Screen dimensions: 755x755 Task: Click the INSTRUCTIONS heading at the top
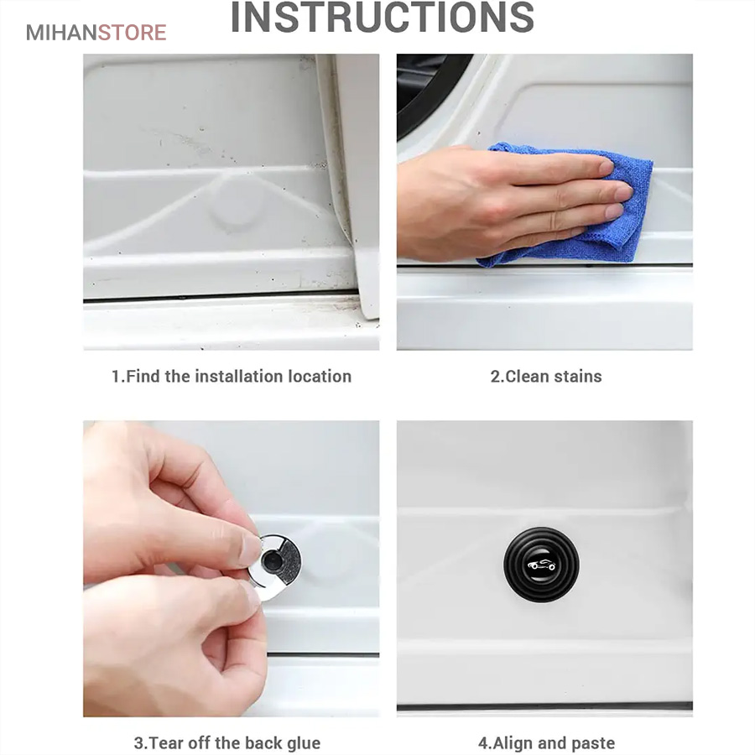[383, 18]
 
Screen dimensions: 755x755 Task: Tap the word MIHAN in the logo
[61, 33]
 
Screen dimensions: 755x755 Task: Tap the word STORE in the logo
[133, 33]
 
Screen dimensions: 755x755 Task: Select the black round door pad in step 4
[541, 565]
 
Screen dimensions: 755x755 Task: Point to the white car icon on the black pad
[541, 565]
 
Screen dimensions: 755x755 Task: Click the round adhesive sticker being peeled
[275, 565]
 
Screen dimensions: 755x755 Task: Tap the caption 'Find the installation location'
[238, 376]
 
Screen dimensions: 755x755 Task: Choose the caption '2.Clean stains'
[546, 376]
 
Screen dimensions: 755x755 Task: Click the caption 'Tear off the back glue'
[234, 743]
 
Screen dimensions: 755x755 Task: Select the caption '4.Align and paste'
[546, 743]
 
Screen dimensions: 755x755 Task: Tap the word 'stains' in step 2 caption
[578, 376]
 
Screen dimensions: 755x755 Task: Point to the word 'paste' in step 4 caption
[591, 743]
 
